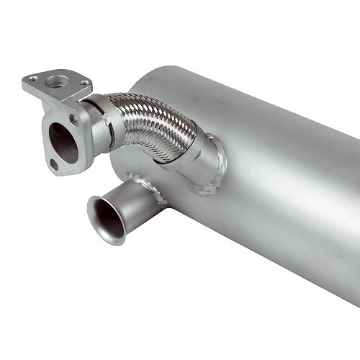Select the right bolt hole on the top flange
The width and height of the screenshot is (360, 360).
[86, 83]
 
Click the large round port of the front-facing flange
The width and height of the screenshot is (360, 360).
[63, 143]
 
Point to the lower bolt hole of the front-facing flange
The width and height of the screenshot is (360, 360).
[55, 165]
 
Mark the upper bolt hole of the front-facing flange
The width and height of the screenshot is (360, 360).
[73, 119]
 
